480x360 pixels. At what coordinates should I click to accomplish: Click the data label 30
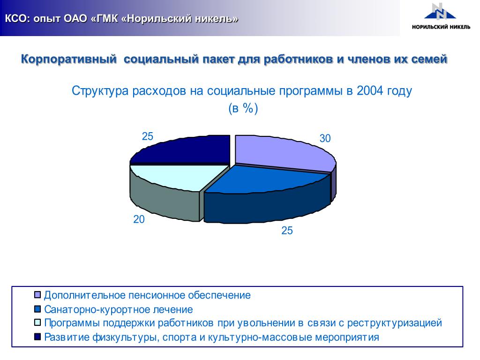click(x=325, y=138)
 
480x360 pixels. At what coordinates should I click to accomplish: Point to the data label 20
click(x=139, y=219)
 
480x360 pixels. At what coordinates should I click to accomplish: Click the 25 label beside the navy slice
click(x=147, y=136)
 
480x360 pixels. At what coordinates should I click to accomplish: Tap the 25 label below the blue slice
click(x=287, y=231)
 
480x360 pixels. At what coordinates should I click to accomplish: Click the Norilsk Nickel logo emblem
click(x=440, y=12)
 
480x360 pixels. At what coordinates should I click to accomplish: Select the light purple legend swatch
click(x=37, y=295)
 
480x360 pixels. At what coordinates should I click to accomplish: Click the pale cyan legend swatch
click(x=37, y=322)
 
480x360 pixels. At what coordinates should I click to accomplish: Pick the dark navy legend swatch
click(x=37, y=337)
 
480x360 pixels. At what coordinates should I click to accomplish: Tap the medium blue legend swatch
click(x=37, y=309)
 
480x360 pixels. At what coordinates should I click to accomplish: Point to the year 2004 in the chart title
click(x=370, y=90)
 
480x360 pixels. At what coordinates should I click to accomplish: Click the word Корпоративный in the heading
click(x=69, y=59)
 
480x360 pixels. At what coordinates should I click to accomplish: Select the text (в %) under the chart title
click(x=243, y=108)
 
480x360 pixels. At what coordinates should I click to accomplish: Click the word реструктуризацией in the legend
click(x=395, y=323)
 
